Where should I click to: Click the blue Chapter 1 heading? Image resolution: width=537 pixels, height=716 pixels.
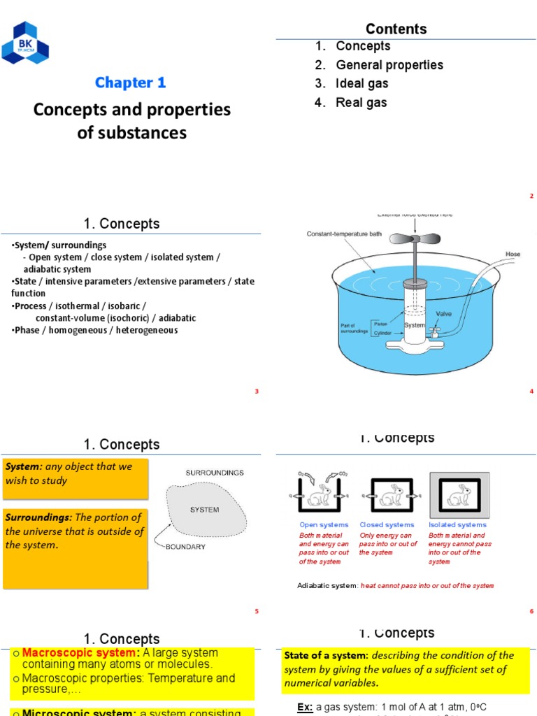point(131,83)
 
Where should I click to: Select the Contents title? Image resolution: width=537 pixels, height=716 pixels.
point(396,29)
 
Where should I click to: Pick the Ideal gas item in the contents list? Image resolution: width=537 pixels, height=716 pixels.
point(361,84)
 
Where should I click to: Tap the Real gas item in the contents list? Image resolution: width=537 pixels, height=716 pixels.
point(361,103)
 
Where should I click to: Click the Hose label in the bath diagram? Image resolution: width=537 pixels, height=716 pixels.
point(513,254)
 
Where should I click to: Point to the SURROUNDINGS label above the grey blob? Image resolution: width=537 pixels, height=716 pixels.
point(215,473)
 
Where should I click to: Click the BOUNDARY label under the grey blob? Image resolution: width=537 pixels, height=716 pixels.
point(185,547)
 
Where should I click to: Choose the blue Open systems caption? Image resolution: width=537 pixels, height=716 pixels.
point(324,524)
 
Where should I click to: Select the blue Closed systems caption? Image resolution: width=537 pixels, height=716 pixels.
point(387,524)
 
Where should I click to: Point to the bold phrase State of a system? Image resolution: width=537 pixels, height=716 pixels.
point(327,655)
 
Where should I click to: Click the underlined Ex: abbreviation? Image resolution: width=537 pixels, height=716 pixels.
point(305,708)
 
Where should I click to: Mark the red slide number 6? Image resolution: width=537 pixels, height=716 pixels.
point(531,611)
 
